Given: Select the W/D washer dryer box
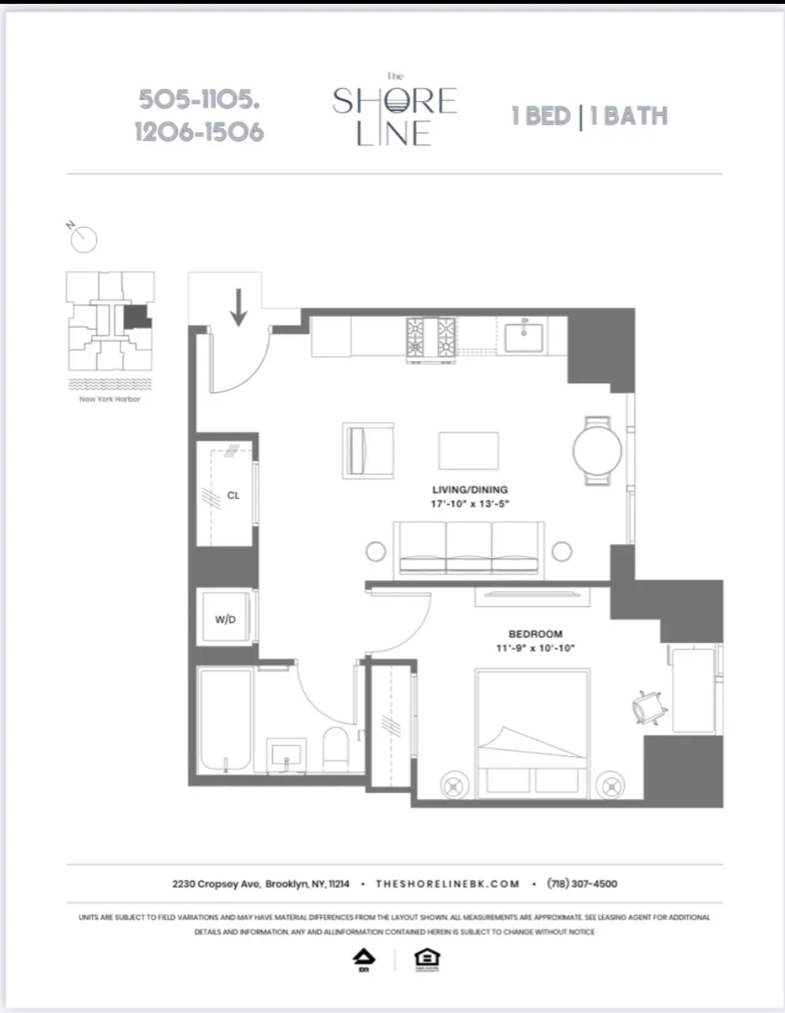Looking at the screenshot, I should click(225, 619).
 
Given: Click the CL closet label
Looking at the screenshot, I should click(233, 496).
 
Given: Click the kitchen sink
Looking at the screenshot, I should click(524, 337).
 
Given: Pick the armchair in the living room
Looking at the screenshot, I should click(368, 450).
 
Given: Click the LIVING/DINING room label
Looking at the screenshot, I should click(470, 490).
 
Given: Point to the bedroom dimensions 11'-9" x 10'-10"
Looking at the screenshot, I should click(536, 648).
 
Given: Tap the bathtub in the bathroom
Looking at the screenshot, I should click(226, 721).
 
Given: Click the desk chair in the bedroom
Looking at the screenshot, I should click(650, 707).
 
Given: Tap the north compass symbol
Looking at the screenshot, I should click(84, 239).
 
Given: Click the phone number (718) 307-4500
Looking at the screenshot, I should click(582, 884).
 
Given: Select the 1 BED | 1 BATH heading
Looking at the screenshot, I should click(589, 117).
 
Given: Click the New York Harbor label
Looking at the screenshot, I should click(110, 399).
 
